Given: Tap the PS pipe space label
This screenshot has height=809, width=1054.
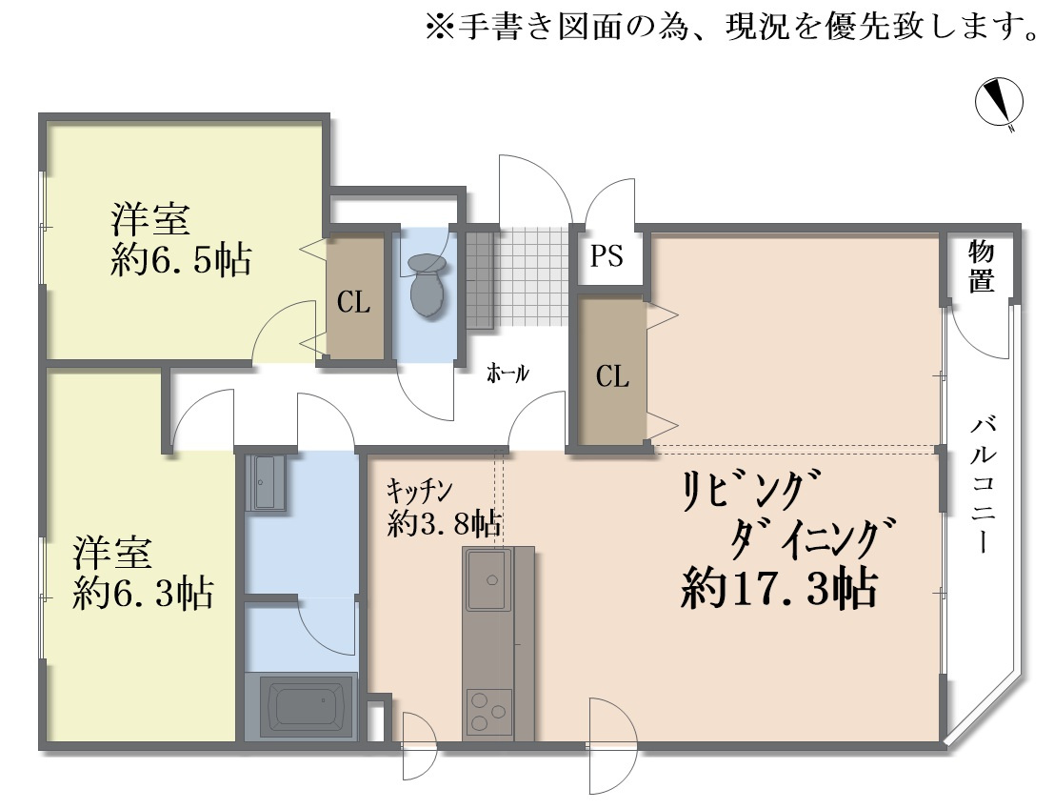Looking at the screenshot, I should pyautogui.click(x=607, y=256).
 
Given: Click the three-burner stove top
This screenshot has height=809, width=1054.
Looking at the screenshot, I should pyautogui.click(x=488, y=711).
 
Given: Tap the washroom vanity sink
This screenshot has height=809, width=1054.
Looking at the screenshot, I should pyautogui.click(x=266, y=483).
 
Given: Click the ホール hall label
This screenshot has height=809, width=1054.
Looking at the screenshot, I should pyautogui.click(x=507, y=374).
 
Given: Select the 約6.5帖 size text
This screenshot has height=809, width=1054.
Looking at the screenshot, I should pyautogui.click(x=181, y=259).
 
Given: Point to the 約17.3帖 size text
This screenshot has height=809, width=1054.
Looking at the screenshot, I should pyautogui.click(x=778, y=590).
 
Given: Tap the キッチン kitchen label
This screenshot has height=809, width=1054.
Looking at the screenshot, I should pyautogui.click(x=419, y=490).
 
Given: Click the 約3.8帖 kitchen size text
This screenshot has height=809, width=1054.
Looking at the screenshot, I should pyautogui.click(x=445, y=522).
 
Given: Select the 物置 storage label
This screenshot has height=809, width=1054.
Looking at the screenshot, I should pyautogui.click(x=982, y=267).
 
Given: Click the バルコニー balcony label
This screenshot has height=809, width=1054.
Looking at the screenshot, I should pyautogui.click(x=984, y=485).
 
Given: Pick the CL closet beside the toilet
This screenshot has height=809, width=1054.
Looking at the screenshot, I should pyautogui.click(x=354, y=302).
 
